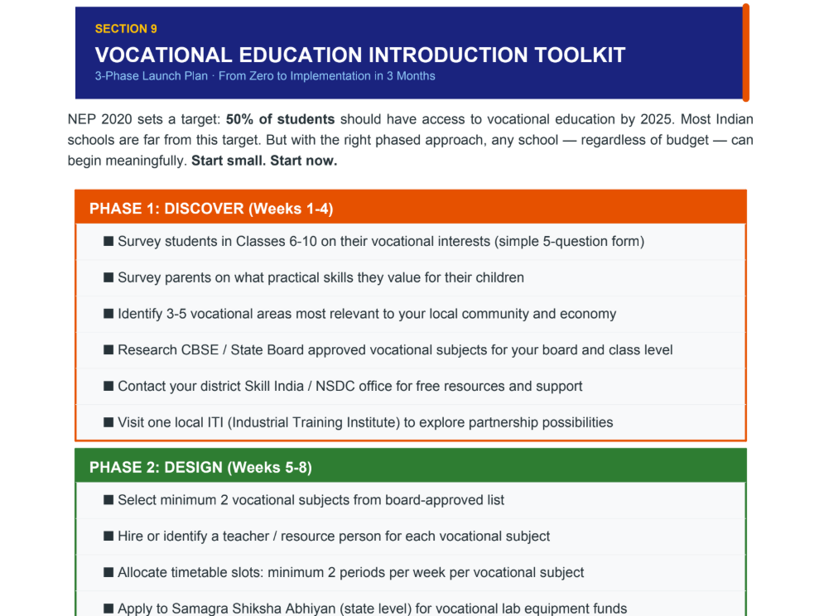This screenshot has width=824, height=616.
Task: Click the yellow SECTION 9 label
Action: (126, 29)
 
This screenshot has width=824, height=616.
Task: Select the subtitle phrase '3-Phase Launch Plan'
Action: (152, 76)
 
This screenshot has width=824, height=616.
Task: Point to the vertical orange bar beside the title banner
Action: (745, 52)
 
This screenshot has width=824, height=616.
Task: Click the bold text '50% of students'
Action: (280, 119)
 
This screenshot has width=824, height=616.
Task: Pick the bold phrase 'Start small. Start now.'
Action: (264, 161)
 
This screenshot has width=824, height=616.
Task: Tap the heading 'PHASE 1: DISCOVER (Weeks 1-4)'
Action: (211, 209)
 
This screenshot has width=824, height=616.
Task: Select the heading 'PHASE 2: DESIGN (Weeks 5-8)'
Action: (200, 467)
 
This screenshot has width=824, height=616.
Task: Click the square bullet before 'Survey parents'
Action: (108, 277)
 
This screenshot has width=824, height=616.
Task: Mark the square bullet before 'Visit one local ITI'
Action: (108, 422)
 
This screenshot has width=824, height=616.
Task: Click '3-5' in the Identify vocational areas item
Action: (176, 314)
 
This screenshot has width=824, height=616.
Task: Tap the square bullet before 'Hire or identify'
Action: (108, 537)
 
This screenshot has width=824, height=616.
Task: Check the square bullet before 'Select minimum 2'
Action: (108, 500)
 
